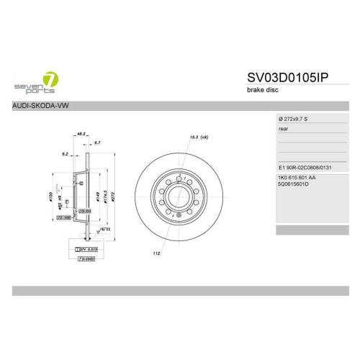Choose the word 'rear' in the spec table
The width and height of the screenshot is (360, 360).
(x=283, y=130)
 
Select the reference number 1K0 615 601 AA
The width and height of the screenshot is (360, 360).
(x=297, y=177)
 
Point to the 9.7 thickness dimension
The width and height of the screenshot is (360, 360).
(x=96, y=143)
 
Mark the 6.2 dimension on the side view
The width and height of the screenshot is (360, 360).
(x=65, y=153)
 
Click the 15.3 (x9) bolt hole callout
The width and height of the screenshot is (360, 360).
(x=199, y=137)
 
